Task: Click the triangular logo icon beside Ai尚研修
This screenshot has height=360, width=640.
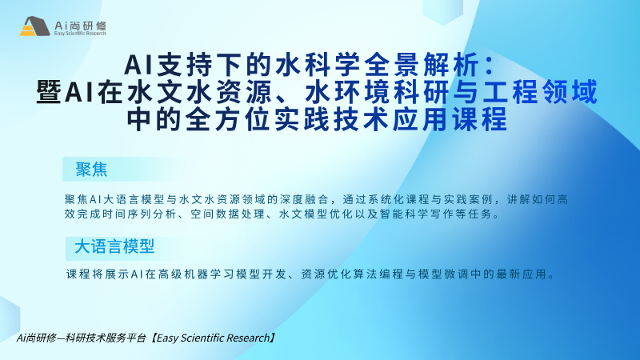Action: [34, 26]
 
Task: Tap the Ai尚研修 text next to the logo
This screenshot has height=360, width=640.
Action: [80, 26]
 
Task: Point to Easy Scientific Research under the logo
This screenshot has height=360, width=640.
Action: [80, 33]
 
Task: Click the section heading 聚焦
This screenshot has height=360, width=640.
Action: [91, 169]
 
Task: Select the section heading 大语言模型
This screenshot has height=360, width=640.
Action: [114, 246]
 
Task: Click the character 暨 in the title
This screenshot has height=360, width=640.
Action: [49, 92]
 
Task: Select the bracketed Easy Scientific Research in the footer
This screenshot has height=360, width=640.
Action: [213, 338]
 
